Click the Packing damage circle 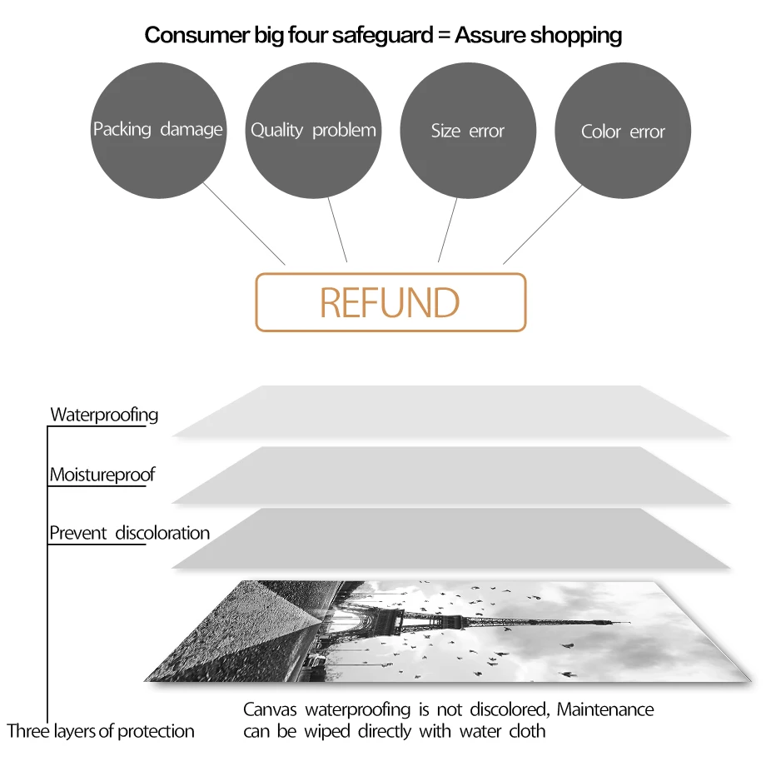pos(158,130)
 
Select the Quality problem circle pos(313,131)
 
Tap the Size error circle pos(468,131)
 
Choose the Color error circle pos(623,132)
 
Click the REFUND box pos(390,302)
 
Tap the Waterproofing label pos(104,415)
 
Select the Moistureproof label pos(102,475)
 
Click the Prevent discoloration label pos(129,533)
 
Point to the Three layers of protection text pos(101,732)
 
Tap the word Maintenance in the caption pos(605,710)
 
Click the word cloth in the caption pos(527,732)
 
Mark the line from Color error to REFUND pos(542,224)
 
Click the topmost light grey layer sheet pos(450,411)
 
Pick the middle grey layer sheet pos(450,475)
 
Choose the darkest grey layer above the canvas pos(450,539)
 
